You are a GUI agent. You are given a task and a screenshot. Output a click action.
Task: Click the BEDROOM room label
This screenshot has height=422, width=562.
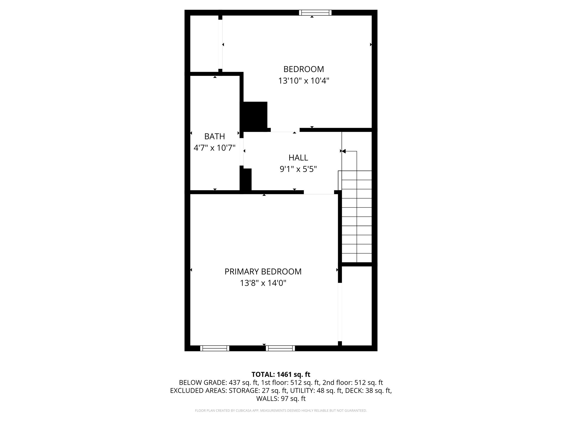304,69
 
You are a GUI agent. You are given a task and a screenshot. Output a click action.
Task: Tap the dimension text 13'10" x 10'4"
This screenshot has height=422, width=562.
304,81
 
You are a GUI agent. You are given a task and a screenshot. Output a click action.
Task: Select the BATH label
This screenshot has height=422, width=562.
215,136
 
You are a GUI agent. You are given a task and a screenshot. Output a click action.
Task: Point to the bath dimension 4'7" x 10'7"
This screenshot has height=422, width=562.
215,148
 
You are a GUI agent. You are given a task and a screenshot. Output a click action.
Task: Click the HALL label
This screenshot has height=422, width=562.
298,158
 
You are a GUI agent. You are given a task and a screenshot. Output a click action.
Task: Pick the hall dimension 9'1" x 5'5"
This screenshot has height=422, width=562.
298,169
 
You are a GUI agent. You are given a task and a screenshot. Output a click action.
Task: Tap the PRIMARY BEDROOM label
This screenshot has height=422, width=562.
263,271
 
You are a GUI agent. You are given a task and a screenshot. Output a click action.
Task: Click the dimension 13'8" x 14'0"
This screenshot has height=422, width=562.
263,283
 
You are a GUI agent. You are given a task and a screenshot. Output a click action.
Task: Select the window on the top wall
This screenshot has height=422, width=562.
315,13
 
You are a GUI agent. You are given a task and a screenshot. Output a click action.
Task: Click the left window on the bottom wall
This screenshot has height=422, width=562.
215,348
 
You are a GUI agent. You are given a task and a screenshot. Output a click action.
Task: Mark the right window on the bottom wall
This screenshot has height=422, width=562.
280,348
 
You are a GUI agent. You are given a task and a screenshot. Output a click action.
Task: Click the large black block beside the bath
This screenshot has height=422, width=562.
254,116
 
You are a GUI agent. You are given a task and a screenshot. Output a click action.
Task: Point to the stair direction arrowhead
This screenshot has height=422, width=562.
343,151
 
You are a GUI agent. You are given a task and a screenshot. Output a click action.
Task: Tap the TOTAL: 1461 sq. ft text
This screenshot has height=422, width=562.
281,374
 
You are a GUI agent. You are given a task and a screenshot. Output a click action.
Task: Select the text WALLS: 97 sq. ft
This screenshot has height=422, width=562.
281,398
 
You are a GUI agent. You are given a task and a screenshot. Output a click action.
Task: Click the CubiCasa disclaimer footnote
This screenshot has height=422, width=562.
281,410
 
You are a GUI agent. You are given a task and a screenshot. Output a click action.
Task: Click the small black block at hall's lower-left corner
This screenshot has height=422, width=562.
246,179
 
